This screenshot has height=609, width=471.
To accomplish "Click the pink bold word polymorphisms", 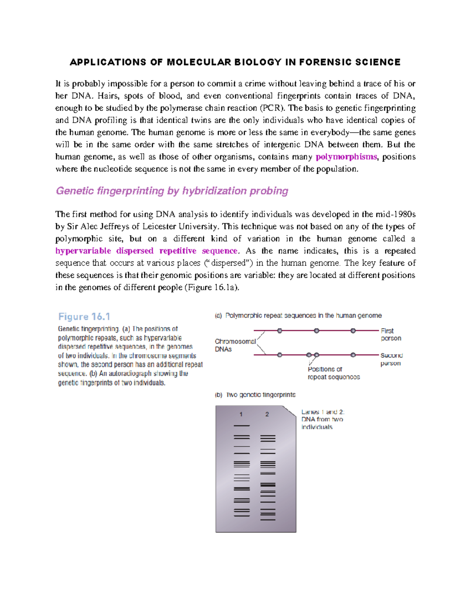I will pos(346,157).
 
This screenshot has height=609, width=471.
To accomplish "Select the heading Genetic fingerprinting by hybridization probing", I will pos(172,191).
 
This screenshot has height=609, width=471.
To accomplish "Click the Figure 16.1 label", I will pos(84,316).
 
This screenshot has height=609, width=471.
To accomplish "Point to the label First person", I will pos(391,334).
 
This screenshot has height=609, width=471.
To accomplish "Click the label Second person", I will pos(391,359).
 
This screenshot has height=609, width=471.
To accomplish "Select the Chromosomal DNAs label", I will pos(235,345).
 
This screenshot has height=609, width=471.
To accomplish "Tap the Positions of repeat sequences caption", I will pos(333,373).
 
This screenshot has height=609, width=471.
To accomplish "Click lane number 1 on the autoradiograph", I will pos(241,414).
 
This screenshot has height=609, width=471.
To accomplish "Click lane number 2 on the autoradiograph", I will pos(267,414).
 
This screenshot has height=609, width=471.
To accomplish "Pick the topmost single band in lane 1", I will pos(242,425).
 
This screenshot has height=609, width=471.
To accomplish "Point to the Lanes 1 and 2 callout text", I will pos(323,419).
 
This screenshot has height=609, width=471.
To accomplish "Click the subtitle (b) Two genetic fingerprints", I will pos(255,394).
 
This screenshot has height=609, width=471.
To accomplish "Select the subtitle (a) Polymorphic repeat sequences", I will pos(298,315).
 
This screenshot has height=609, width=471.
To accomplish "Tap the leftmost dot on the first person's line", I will pos(279,331).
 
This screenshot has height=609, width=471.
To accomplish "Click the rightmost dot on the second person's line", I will pos(353,355).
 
